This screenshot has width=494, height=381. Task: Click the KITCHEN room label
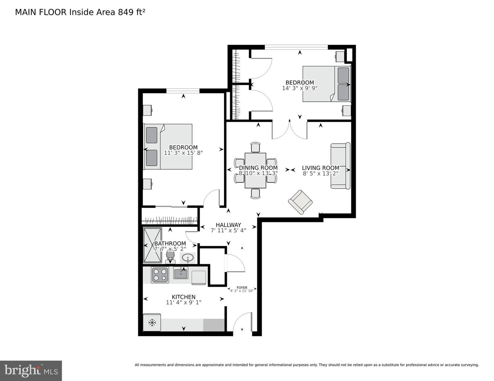pyautogui.click(x=184, y=297)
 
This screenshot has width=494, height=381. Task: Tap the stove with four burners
pyautogui.click(x=160, y=274)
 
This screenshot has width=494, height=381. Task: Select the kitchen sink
pyautogui.click(x=180, y=273)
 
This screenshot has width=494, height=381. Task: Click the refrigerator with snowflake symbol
pyautogui.click(x=152, y=322)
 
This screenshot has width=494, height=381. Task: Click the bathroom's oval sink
pyautogui.click(x=188, y=258)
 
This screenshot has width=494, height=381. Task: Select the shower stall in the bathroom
pyautogui.click(x=152, y=245)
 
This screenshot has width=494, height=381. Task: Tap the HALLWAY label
pyautogui.click(x=228, y=225)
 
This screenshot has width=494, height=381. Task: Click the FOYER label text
pyautogui.click(x=242, y=288)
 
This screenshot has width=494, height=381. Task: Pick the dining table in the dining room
pyautogui.click(x=255, y=170)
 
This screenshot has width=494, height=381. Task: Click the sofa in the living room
pyautogui.click(x=340, y=166)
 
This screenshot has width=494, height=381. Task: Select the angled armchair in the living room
pyautogui.click(x=300, y=202)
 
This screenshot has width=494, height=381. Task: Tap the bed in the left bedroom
pyautogui.click(x=168, y=147)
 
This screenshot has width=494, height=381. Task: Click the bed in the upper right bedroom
pyautogui.click(x=326, y=84)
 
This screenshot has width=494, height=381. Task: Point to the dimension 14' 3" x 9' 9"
pyautogui.click(x=299, y=88)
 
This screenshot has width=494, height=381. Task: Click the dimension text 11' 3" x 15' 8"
pyautogui.click(x=183, y=153)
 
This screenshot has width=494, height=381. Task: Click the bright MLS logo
pyautogui.click(x=31, y=371)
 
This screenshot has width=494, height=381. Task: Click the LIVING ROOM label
pyautogui.click(x=320, y=168)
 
